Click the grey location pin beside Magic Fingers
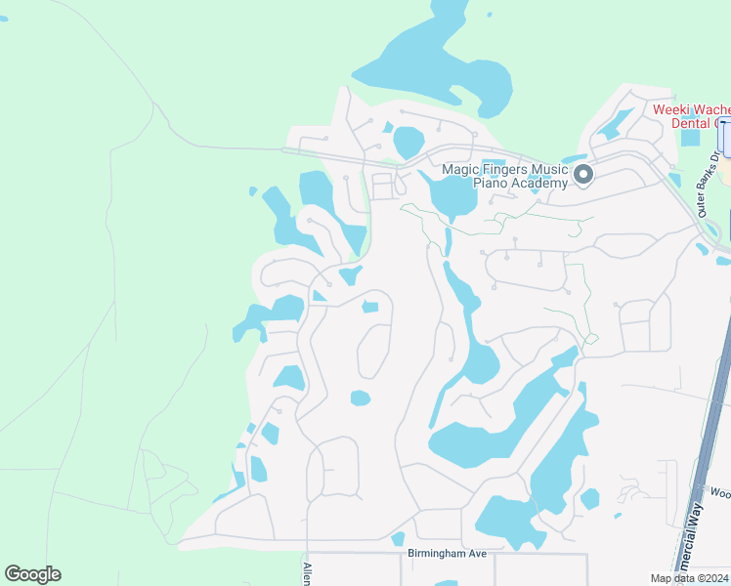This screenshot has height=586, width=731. (x=583, y=175)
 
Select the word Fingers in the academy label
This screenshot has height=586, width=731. (x=505, y=169)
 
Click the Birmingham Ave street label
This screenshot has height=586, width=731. (x=446, y=554)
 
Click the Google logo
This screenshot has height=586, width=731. (x=32, y=574)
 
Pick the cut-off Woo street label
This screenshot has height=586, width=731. (x=720, y=494)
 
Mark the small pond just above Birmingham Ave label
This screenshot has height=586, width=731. (x=398, y=538)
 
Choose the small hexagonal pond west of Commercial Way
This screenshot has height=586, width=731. (x=589, y=499)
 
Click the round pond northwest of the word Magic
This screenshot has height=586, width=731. (x=408, y=143)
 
